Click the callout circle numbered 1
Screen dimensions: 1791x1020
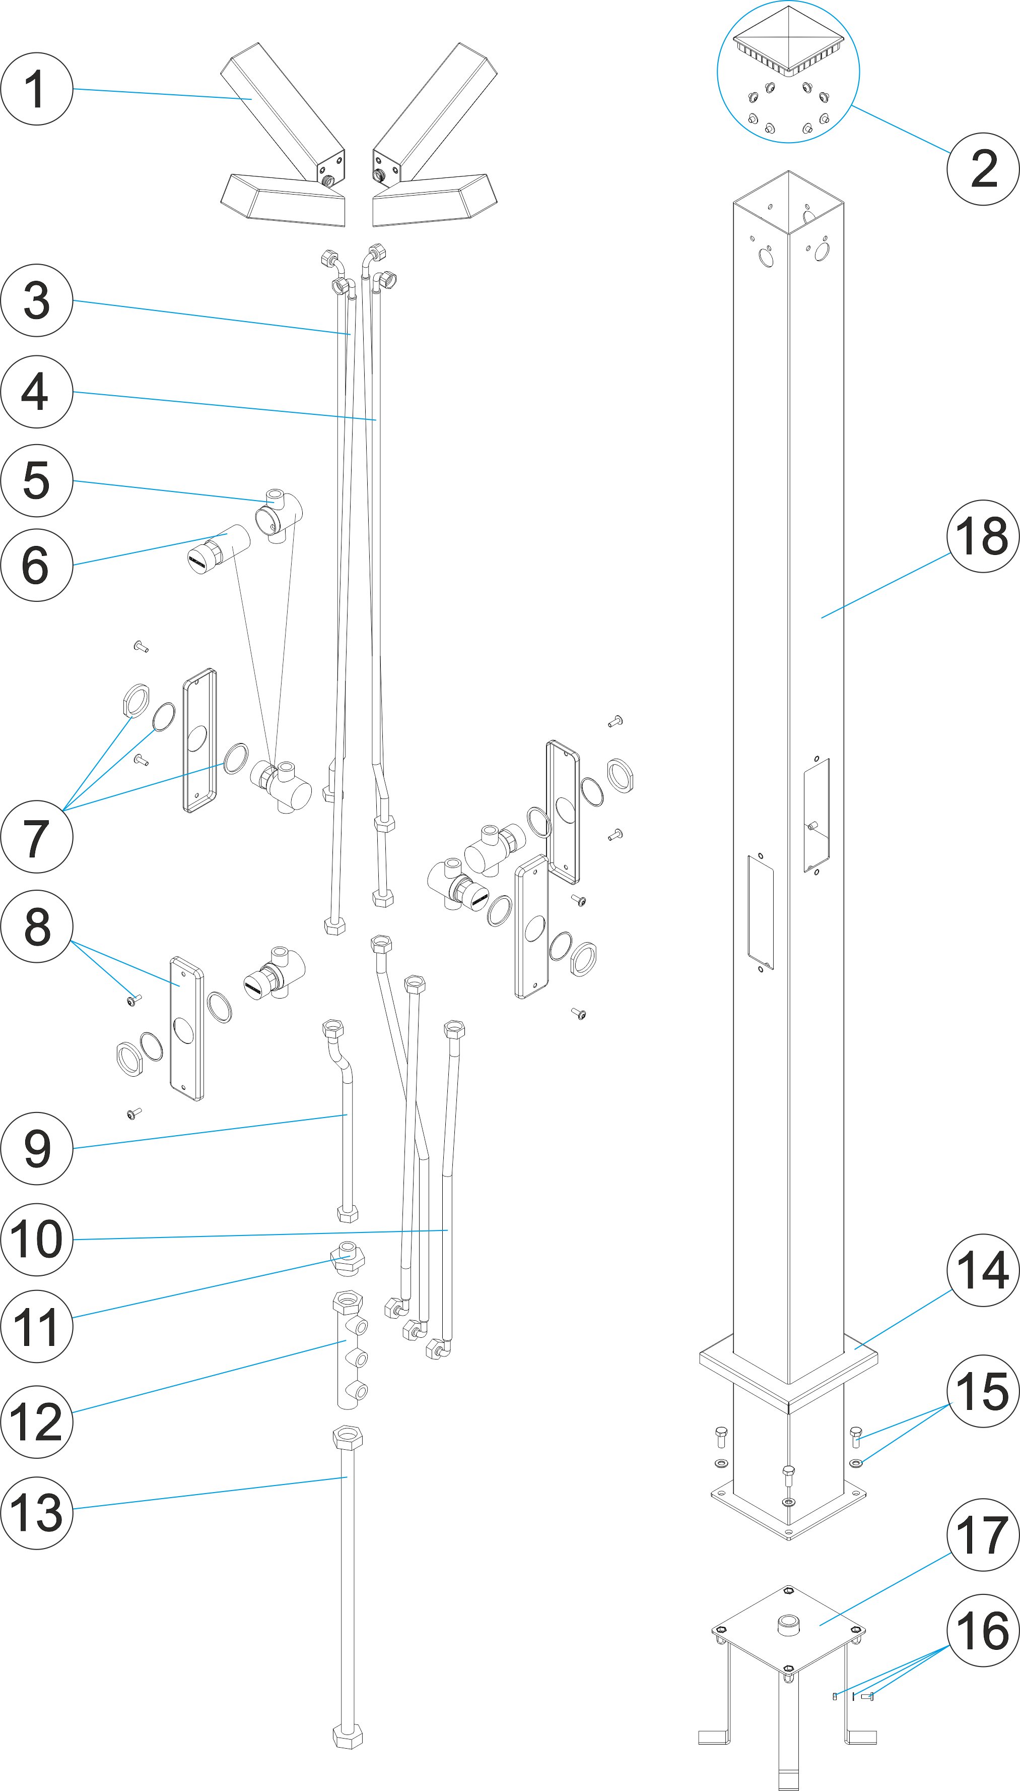tap(36, 89)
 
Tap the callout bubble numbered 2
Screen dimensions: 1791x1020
tap(982, 169)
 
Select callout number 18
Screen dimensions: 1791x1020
tap(982, 536)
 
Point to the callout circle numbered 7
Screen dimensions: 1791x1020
tap(36, 837)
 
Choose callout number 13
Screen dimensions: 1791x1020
tap(36, 1513)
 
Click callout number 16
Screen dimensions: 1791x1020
tap(982, 1631)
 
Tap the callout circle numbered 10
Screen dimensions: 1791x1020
tap(36, 1240)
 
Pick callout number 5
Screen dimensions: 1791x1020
tap(36, 480)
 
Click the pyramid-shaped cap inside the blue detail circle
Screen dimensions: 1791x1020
tap(788, 38)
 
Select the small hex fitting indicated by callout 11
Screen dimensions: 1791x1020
tap(348, 1258)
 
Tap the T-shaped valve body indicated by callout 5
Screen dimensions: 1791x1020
tap(280, 515)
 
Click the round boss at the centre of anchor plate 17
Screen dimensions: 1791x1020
tap(788, 1624)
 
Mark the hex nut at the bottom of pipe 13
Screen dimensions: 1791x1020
tap(348, 1737)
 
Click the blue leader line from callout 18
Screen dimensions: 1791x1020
tap(886, 585)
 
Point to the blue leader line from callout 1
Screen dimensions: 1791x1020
tap(161, 94)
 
